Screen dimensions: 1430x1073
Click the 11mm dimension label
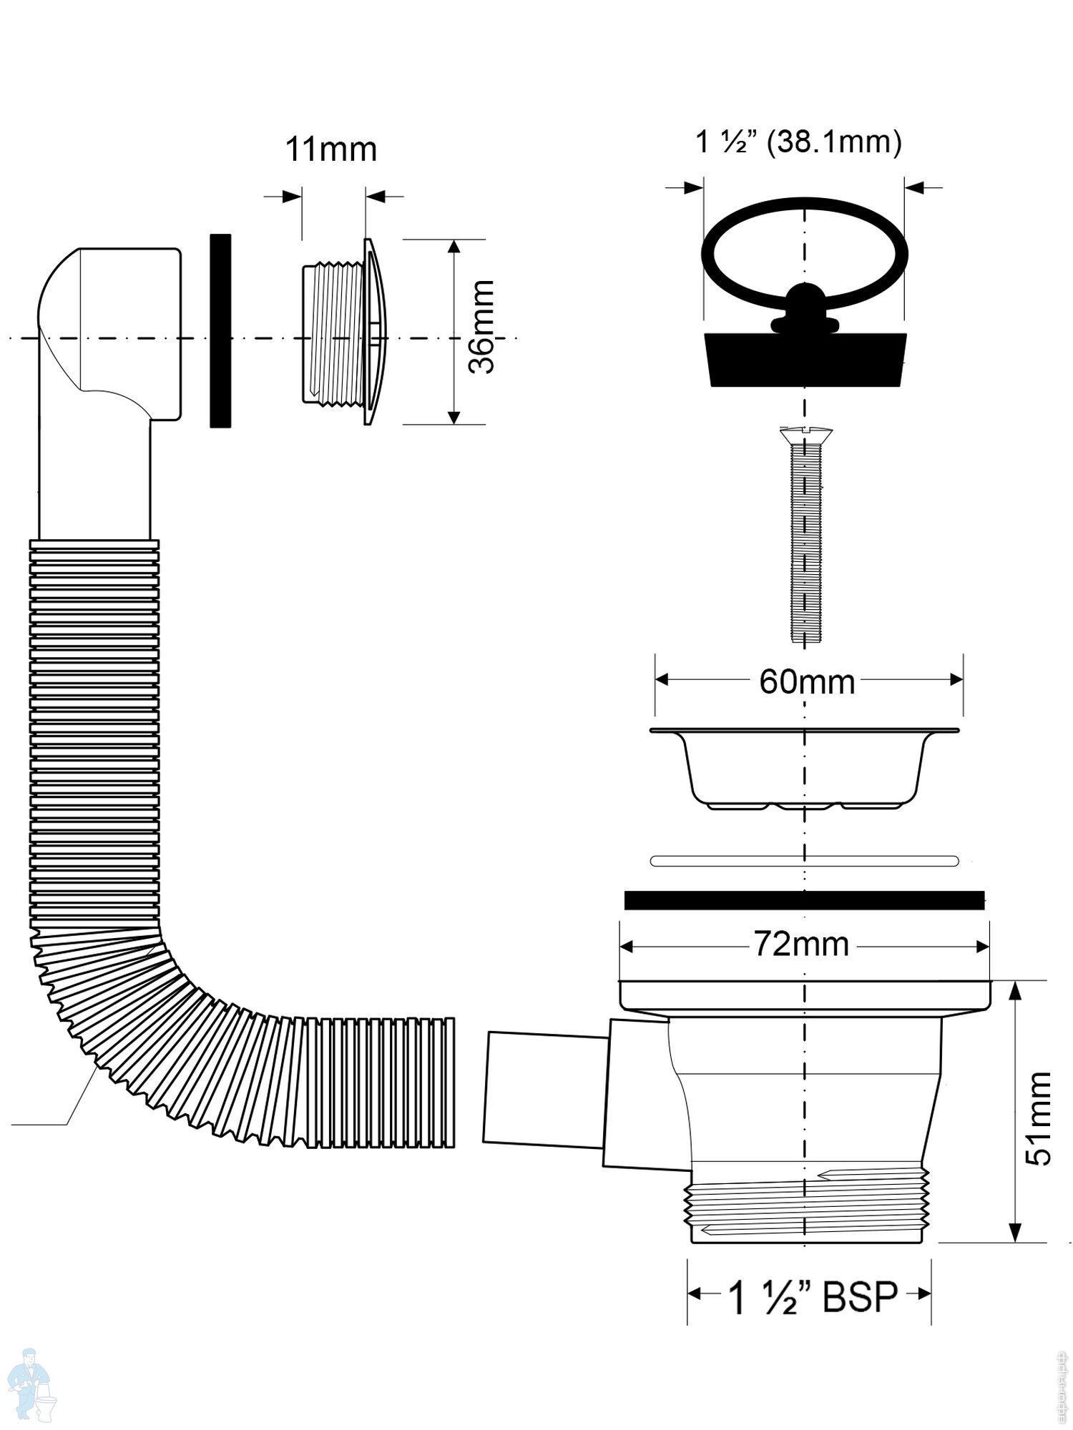coord(330,150)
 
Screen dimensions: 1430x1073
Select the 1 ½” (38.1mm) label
coord(798,142)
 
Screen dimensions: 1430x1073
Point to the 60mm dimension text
coord(807,682)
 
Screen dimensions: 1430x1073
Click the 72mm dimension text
coord(801,945)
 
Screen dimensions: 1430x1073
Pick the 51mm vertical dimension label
coord(1038,1118)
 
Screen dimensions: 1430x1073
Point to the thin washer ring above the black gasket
coord(804,861)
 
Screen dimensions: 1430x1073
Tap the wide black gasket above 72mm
coord(804,900)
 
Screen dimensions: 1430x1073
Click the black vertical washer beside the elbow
coord(220,330)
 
